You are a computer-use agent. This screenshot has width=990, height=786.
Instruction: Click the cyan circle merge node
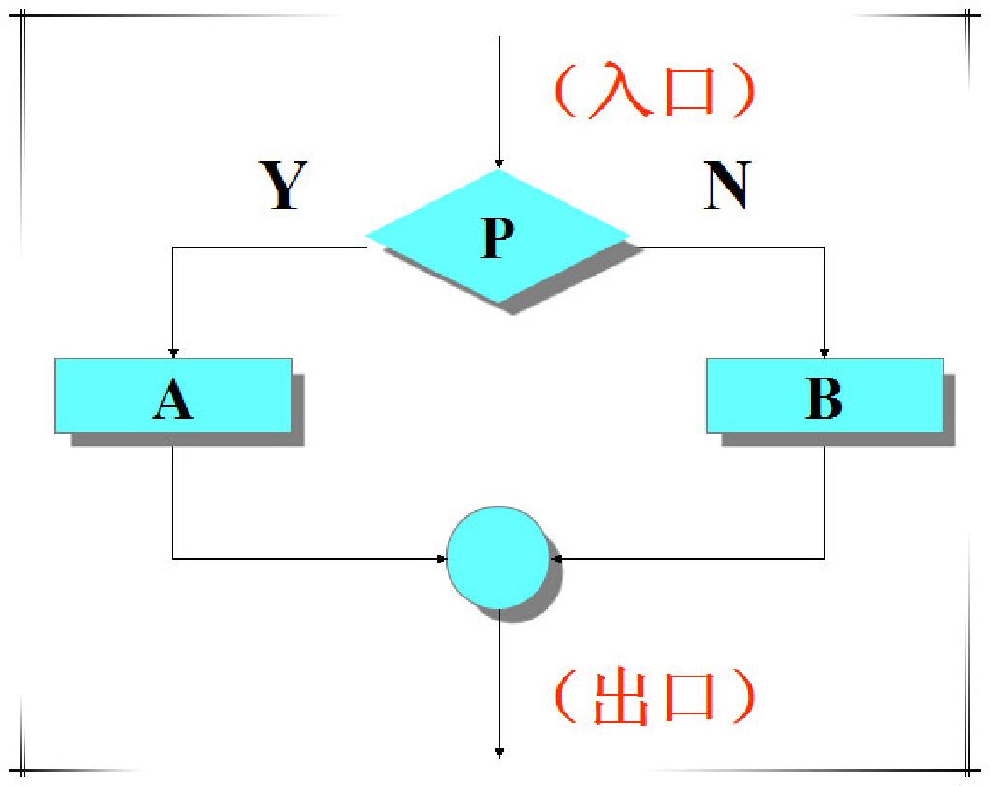pyautogui.click(x=498, y=557)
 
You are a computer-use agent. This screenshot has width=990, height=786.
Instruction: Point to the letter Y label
pyautogui.click(x=283, y=186)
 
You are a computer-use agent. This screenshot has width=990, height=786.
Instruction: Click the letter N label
pyautogui.click(x=727, y=186)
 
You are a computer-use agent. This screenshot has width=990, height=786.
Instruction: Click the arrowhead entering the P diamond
pyautogui.click(x=498, y=163)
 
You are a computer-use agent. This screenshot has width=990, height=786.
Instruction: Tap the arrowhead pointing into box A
pyautogui.click(x=173, y=352)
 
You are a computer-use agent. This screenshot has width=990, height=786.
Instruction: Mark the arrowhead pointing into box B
pyautogui.click(x=824, y=352)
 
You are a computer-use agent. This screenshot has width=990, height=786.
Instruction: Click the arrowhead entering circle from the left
pyautogui.click(x=441, y=558)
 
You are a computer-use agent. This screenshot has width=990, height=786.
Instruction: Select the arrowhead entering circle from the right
pyautogui.click(x=555, y=558)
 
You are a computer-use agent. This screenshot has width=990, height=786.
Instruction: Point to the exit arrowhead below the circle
pyautogui.click(x=499, y=751)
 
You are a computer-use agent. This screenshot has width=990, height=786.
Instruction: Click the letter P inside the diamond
pyautogui.click(x=498, y=238)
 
